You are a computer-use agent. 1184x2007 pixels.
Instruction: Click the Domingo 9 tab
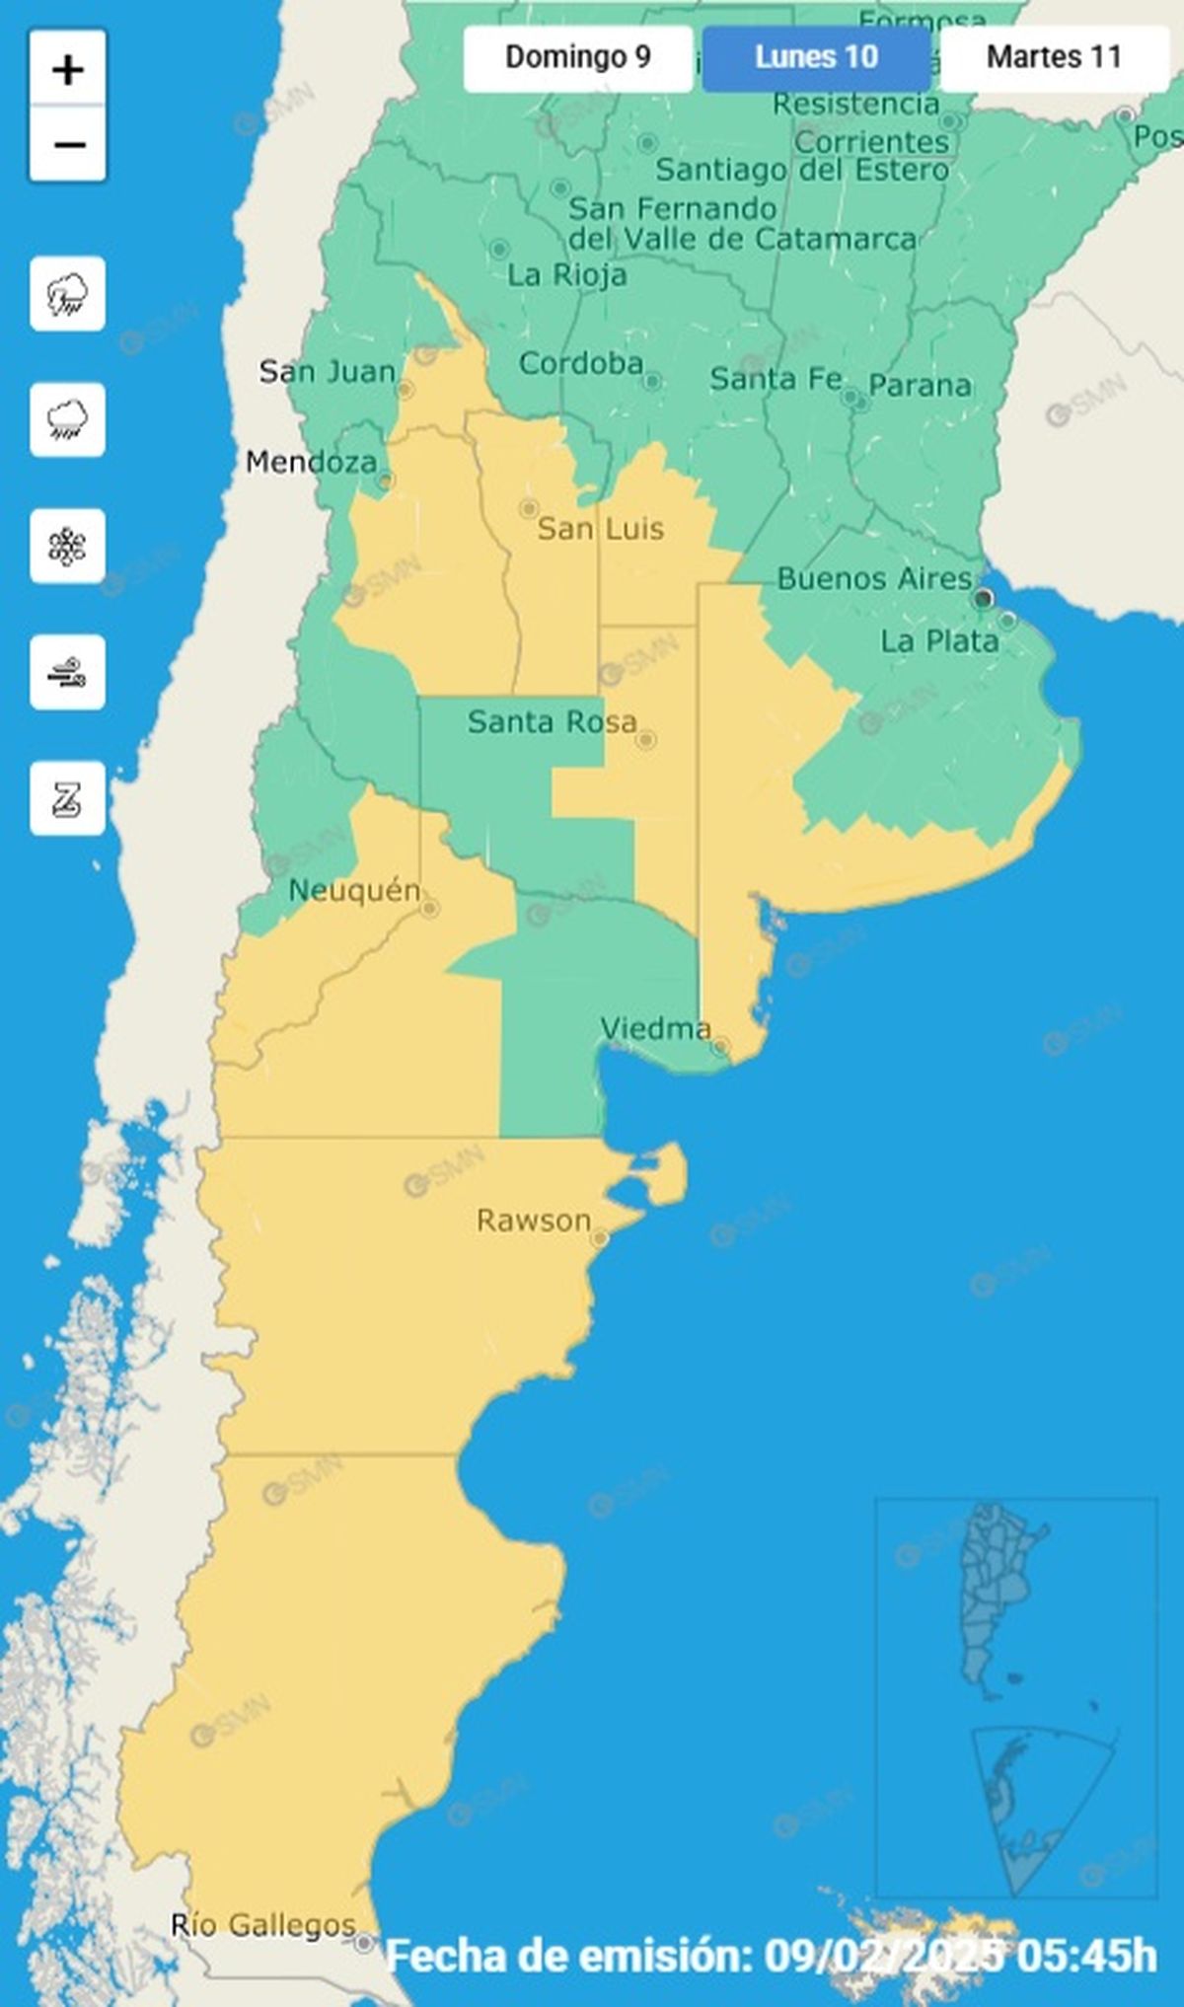[x=578, y=57]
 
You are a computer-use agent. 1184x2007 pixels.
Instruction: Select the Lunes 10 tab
[x=816, y=57]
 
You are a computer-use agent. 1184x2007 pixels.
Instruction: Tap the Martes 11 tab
[x=1054, y=57]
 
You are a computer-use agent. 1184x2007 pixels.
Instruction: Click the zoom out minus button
[x=68, y=145]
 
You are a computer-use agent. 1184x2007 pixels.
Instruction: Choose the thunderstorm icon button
[x=67, y=293]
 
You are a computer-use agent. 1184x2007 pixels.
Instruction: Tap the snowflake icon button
[x=67, y=546]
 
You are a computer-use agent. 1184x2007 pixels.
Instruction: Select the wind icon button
[x=67, y=673]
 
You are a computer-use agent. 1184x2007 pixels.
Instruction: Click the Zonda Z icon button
[x=67, y=798]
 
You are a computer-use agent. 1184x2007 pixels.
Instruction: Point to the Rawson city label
[x=534, y=1221]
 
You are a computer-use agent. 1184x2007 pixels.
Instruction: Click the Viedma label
[x=655, y=1029]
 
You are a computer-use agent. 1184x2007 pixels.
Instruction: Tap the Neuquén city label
[x=354, y=891]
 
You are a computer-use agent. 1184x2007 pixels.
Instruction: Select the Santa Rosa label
[x=552, y=722]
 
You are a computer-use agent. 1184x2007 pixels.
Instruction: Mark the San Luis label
[x=600, y=529]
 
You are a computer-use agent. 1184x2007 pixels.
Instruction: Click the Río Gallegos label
[x=262, y=1925]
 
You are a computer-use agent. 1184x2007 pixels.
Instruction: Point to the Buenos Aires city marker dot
[x=983, y=598]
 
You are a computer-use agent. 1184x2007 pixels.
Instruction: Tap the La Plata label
[x=939, y=641]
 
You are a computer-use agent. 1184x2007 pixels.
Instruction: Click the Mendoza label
[x=311, y=462]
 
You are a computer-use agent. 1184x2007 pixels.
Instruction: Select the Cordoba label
[x=581, y=364]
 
